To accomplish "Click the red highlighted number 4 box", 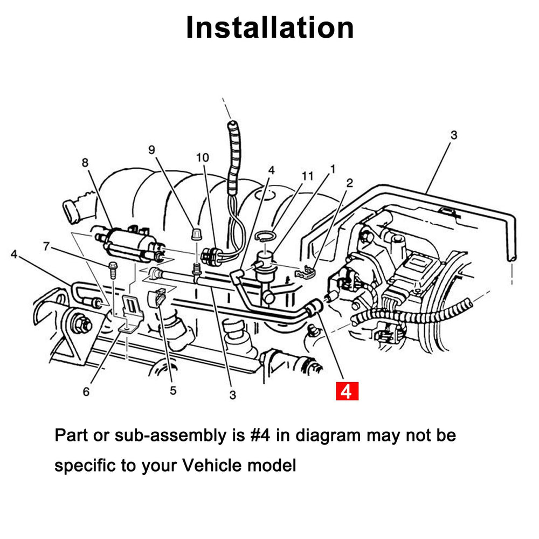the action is coord(347,391).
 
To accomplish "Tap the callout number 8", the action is coord(85,162).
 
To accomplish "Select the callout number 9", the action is coord(151,150).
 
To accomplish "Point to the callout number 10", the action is coord(203,157).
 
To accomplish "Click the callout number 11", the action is coord(307,176).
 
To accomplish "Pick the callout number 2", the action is coord(349,183).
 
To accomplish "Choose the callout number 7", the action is coord(46,246).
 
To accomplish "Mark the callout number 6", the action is coord(86,391).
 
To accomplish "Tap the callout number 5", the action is coord(173,390).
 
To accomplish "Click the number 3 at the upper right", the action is coord(454,135).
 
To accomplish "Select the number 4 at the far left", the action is coord(14,254).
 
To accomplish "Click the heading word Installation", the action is coord(270,27).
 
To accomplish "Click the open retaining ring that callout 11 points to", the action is coord(265,236).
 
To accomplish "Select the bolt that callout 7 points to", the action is coord(113,270).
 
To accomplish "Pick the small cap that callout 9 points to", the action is coord(196,234).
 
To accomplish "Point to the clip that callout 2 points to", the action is coord(305,272).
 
